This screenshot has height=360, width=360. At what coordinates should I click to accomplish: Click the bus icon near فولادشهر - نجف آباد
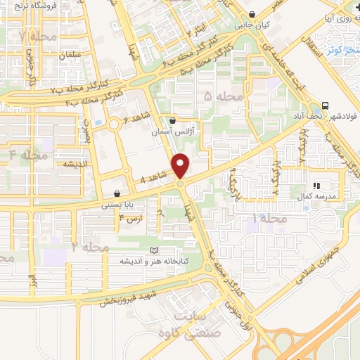[325, 103]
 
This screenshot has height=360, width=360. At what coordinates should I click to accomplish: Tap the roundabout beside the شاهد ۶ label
[113, 126]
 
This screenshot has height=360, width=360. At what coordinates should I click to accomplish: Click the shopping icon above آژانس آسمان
[172, 121]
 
